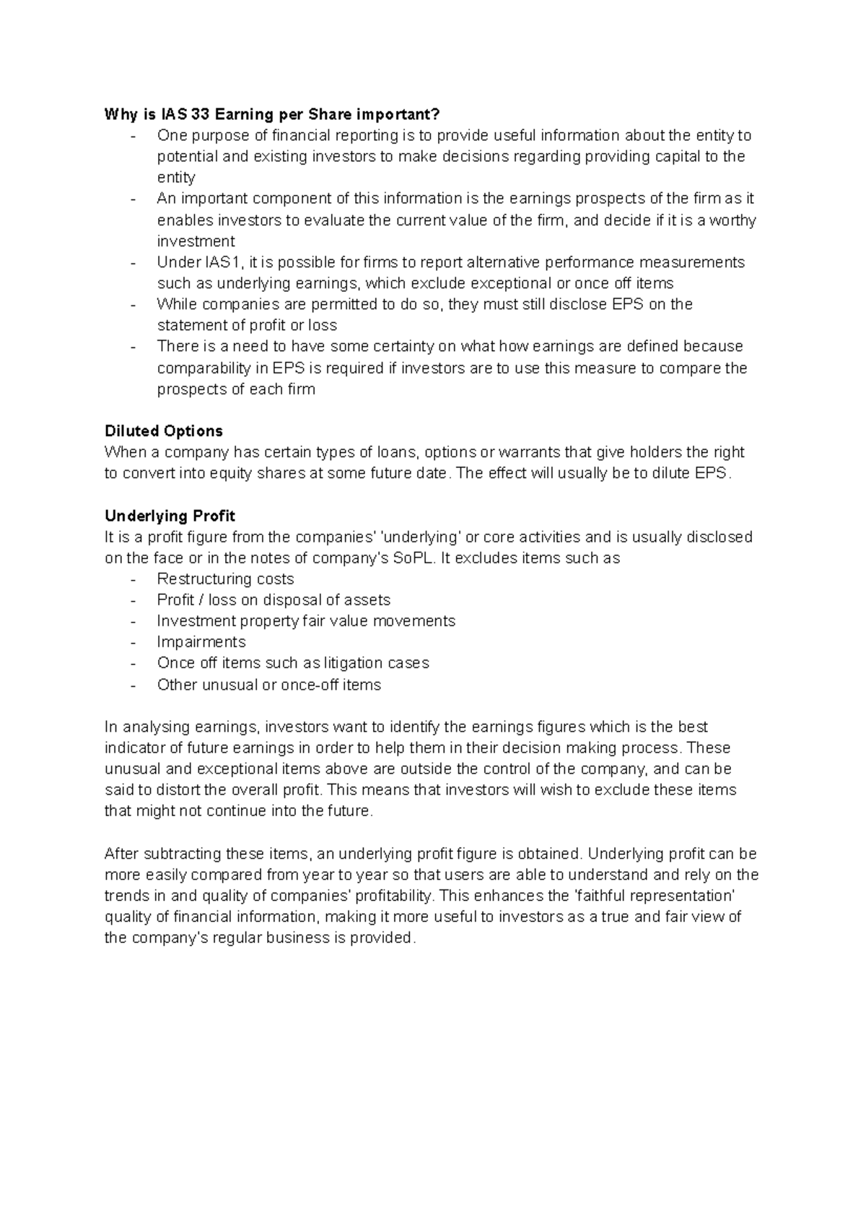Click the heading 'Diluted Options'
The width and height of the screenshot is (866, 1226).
[163, 431]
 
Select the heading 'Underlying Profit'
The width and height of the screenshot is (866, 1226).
[170, 516]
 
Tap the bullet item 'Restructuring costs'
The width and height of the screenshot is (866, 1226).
[225, 579]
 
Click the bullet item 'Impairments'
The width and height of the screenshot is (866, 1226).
[201, 642]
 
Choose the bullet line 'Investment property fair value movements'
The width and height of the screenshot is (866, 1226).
[306, 621]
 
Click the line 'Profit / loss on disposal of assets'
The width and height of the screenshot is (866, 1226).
[274, 600]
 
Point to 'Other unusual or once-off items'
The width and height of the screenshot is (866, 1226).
[268, 684]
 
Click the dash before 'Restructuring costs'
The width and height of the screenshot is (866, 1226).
[133, 579]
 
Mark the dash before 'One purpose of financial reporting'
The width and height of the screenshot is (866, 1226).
[133, 136]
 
